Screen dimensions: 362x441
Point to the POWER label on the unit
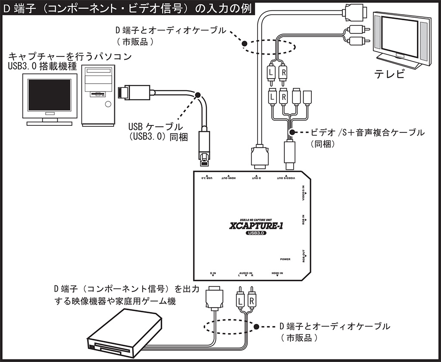pyautogui.click(x=285, y=259)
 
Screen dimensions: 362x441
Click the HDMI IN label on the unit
pyautogui.click(x=277, y=273)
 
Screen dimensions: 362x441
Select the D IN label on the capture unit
pyautogui.click(x=213, y=273)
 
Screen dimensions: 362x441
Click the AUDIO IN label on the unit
pyautogui.click(x=245, y=273)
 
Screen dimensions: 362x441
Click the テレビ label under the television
pyautogui.click(x=389, y=74)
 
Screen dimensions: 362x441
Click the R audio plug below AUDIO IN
pyautogui.click(x=251, y=298)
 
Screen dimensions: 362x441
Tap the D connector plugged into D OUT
pyautogui.click(x=259, y=157)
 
